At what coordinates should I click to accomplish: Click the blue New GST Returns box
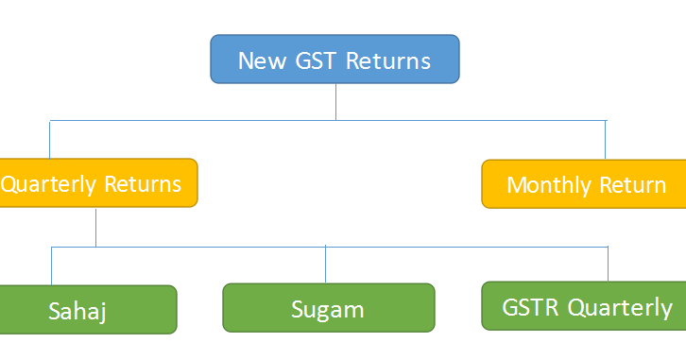(x=334, y=60)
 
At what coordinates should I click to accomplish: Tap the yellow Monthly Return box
(x=586, y=184)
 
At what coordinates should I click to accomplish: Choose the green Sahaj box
(x=88, y=309)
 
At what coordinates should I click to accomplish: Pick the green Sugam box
(x=328, y=307)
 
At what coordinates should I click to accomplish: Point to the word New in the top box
(x=261, y=61)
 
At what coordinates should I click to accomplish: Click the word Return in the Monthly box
(x=633, y=184)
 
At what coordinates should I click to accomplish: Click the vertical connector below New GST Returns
(x=335, y=101)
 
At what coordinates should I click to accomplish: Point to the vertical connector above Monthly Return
(x=606, y=140)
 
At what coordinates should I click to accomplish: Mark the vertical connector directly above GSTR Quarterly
(x=608, y=265)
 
